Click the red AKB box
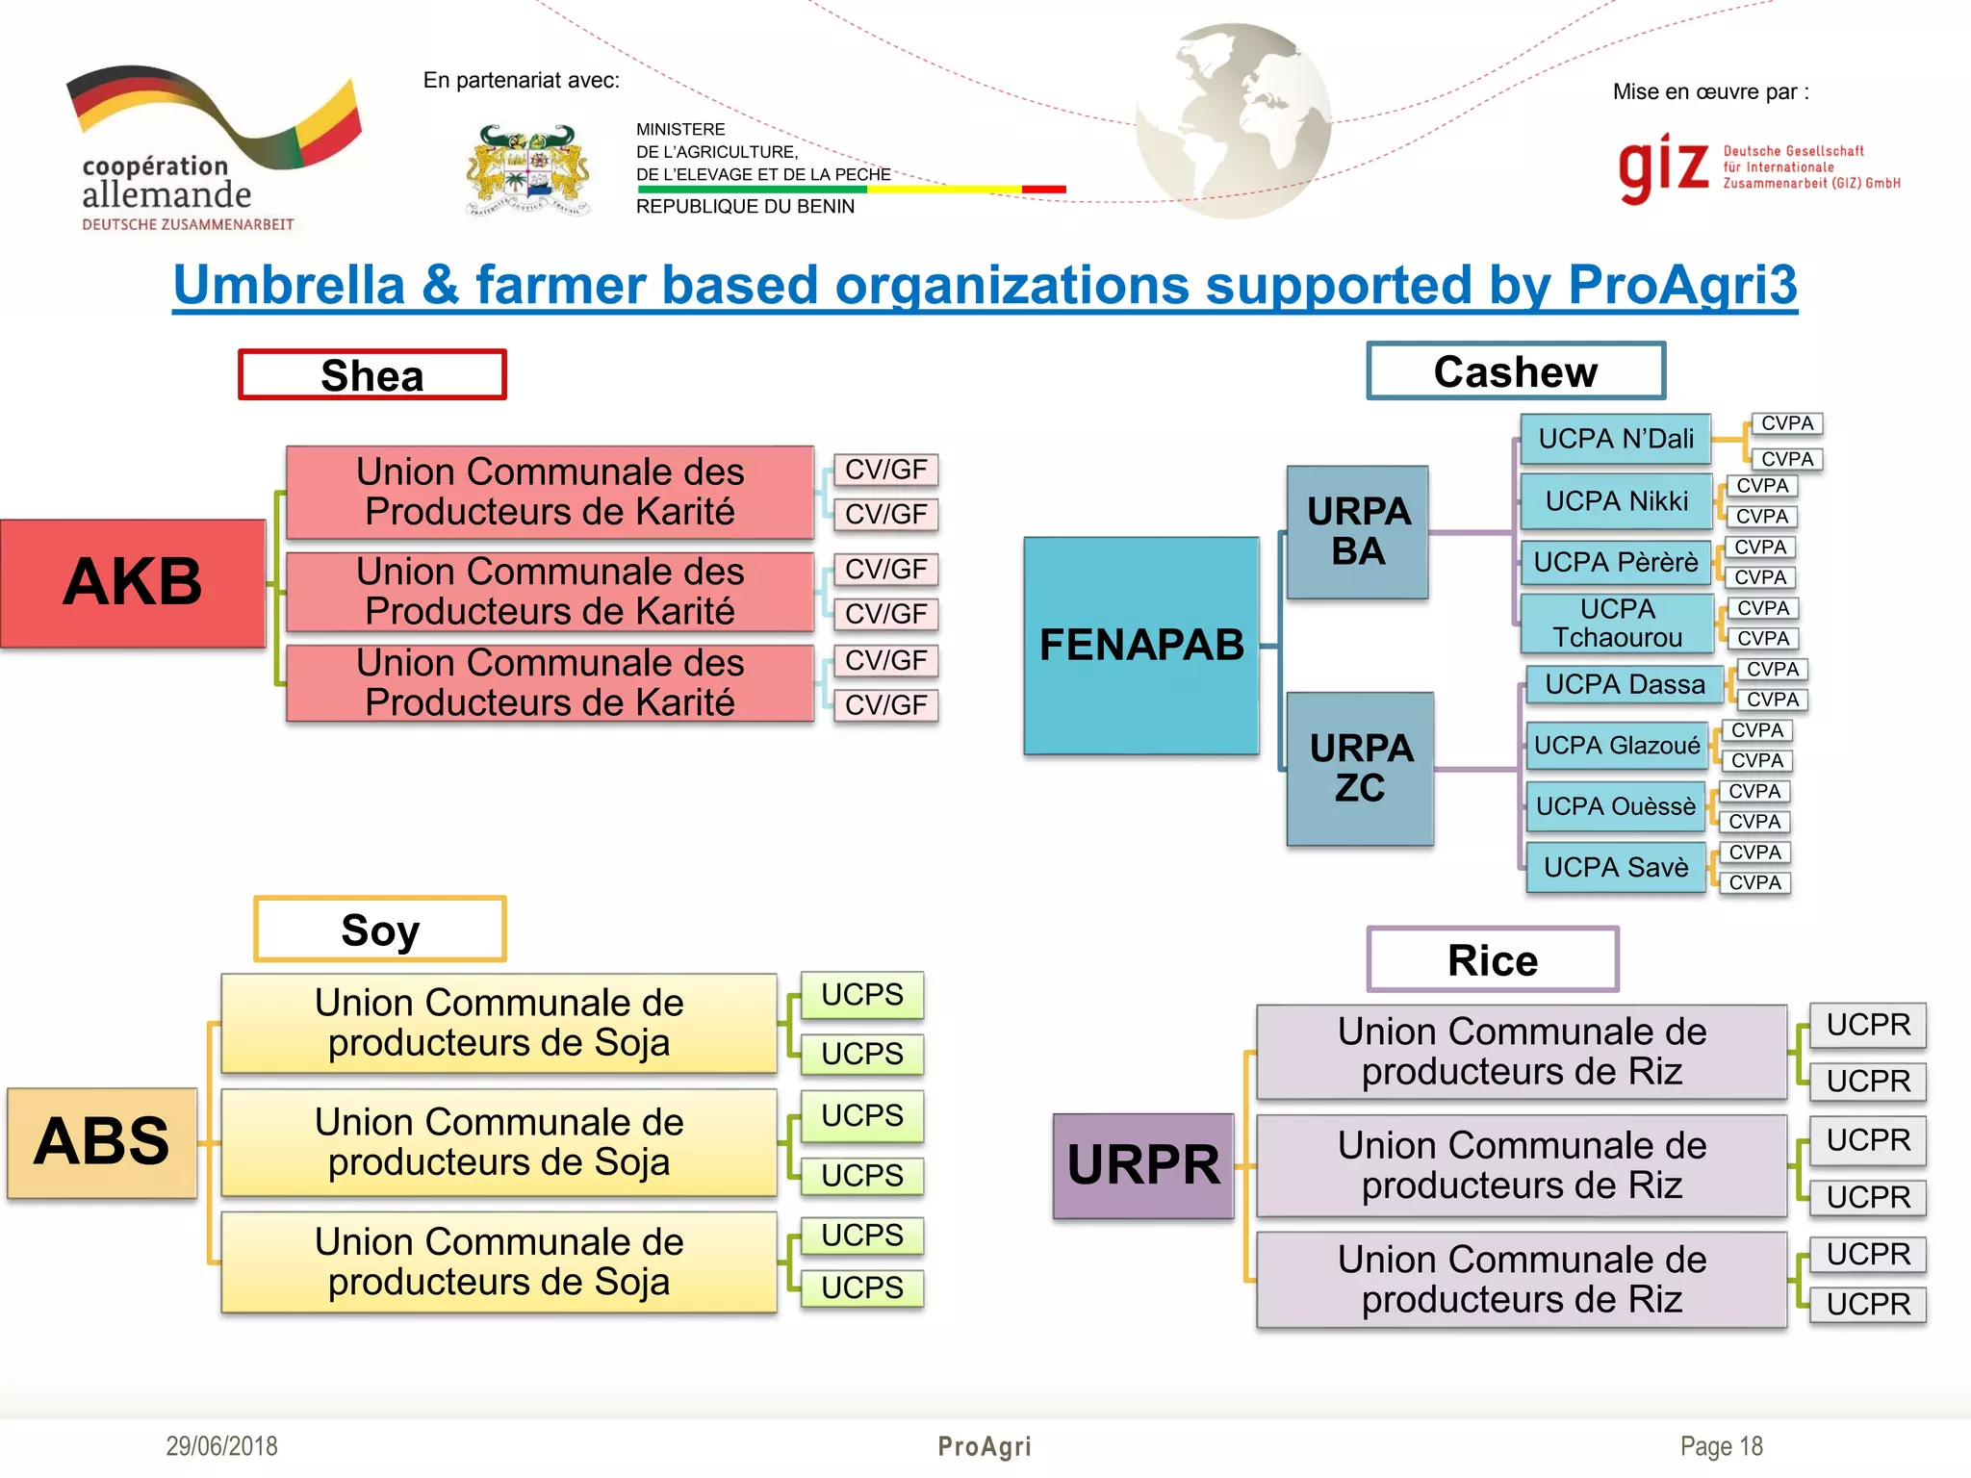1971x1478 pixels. (x=133, y=583)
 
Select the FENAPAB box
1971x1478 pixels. (x=1141, y=646)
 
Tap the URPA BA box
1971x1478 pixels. (x=1358, y=532)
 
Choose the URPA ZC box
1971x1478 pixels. (x=1361, y=769)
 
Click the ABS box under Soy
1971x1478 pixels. (x=102, y=1143)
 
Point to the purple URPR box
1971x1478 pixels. (x=1143, y=1166)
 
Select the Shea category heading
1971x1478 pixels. (x=372, y=375)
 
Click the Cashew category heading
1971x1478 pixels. (x=1516, y=371)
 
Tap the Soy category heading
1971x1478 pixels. (x=380, y=930)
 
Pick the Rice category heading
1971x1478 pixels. (x=1493, y=960)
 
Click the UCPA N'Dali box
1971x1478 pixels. (x=1616, y=439)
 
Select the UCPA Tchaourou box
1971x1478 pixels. (x=1617, y=624)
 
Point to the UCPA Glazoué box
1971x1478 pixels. (x=1617, y=746)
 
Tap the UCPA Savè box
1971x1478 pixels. (x=1616, y=868)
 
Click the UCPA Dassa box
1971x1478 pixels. (x=1625, y=685)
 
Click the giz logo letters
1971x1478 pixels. (x=1663, y=167)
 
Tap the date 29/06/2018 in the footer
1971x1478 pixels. (x=221, y=1446)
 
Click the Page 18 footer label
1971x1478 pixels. (x=1721, y=1446)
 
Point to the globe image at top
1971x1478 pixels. (x=1234, y=121)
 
